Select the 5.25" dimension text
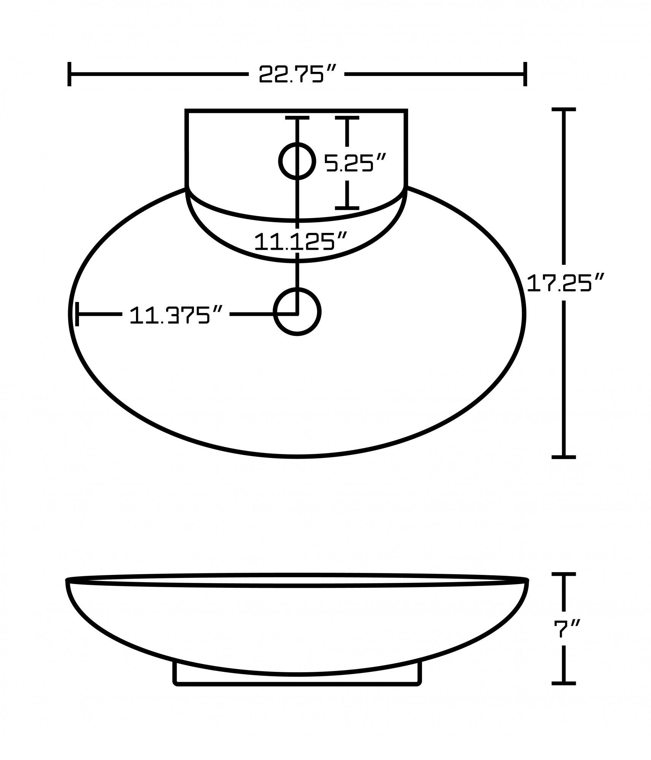pos(355,163)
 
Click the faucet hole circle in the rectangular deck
pos(297,161)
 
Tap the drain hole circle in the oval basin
pos(297,312)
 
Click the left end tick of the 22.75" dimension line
pos(69,74)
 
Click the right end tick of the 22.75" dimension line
pos(525,74)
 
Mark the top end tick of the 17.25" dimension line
pos(564,109)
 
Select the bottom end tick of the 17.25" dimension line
pos(564,457)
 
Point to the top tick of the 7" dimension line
pos(564,585)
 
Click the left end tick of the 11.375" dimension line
pos(77,314)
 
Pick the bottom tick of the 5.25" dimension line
pos(347,208)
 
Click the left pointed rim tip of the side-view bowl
pos(67,591)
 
